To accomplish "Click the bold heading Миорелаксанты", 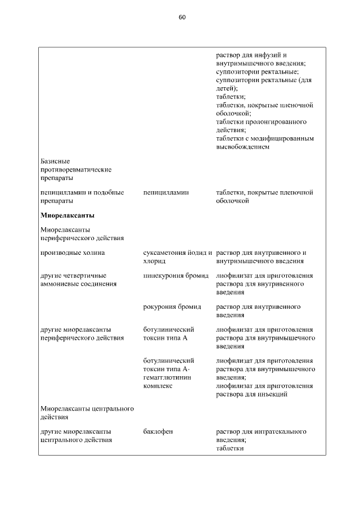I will [x=67, y=215].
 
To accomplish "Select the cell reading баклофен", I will [x=158, y=431].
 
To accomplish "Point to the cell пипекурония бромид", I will [x=176, y=276].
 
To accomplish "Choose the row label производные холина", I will [x=73, y=253].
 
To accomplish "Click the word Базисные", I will [x=55, y=161].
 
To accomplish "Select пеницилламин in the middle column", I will [x=166, y=192].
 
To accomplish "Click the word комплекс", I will [x=157, y=386].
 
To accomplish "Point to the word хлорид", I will [x=155, y=261].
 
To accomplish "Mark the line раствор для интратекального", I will [x=261, y=431].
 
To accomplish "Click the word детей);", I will [x=227, y=88].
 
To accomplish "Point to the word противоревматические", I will [x=76, y=169].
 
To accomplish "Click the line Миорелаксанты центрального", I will [x=87, y=408].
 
